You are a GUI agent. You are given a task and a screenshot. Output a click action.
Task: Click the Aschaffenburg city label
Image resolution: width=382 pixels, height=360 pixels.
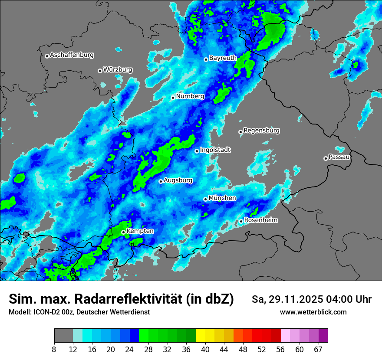point(72,55)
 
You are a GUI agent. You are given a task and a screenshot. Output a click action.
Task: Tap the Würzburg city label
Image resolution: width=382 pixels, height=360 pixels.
point(118,70)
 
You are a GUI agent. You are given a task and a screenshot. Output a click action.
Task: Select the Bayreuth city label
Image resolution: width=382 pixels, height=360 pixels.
point(223,58)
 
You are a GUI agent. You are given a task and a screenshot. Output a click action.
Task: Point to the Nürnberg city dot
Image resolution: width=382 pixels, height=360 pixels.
point(173,98)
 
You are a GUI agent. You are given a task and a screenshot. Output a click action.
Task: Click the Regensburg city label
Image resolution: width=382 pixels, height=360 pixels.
point(261,130)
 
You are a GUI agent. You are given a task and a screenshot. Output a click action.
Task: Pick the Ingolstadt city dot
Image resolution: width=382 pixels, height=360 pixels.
point(197,151)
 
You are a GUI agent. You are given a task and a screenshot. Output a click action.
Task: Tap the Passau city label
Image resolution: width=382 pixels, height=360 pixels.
point(339,157)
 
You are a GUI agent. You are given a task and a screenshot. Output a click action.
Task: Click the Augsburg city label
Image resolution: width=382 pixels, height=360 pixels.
point(178,180)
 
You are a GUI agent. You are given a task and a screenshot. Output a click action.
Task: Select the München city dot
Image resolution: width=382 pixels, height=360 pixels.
point(205,199)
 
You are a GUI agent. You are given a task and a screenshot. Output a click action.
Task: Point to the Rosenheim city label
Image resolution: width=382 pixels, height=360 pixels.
point(260,220)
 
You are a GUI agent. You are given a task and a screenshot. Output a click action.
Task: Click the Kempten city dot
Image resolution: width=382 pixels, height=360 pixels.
point(123,232)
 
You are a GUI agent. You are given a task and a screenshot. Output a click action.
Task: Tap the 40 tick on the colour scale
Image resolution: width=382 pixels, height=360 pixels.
point(205,349)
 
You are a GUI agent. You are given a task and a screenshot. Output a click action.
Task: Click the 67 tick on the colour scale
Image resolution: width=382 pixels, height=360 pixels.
point(318,349)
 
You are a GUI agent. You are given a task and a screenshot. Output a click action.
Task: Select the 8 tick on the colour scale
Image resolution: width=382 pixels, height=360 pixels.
point(54,349)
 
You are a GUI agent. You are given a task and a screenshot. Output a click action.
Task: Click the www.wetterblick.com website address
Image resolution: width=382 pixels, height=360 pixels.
point(313,312)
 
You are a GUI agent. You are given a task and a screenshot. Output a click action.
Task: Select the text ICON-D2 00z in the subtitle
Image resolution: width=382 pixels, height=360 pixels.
point(53,312)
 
